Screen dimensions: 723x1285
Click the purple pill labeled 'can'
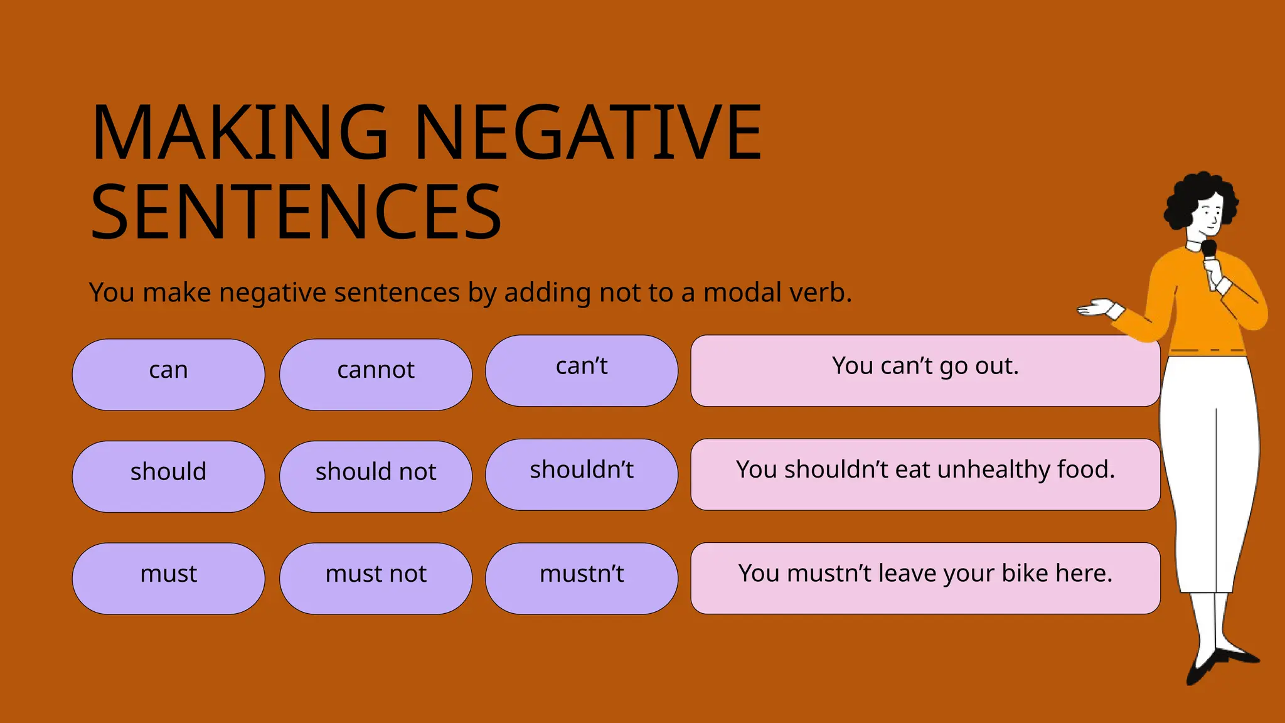point(168,375)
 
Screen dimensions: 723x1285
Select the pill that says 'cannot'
point(375,375)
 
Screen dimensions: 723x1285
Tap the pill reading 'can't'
point(581,370)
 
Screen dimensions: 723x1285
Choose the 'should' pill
point(168,476)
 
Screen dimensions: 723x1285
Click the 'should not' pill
point(375,476)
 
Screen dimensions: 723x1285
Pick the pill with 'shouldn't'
point(581,474)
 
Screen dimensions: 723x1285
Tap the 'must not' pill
point(375,578)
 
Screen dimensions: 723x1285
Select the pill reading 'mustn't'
point(581,578)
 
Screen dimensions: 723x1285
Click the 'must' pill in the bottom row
point(168,578)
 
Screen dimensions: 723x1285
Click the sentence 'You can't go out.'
point(925,367)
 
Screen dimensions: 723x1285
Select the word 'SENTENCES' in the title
point(296,212)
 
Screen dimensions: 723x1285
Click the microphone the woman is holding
point(1209,250)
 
